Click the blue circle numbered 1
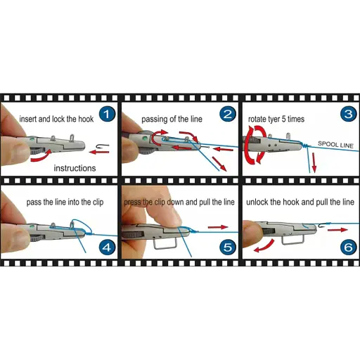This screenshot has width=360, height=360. [x=107, y=114]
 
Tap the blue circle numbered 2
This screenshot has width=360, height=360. [x=228, y=114]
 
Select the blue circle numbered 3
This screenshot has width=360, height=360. [x=349, y=114]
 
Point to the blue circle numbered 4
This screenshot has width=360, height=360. [x=107, y=247]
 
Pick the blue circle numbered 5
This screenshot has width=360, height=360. [x=228, y=247]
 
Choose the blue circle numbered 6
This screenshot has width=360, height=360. [x=349, y=247]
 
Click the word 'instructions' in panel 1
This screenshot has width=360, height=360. [x=75, y=168]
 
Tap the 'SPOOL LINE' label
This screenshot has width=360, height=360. [x=335, y=145]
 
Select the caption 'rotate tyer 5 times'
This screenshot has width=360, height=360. [x=276, y=119]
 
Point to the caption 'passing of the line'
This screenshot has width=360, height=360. [x=172, y=119]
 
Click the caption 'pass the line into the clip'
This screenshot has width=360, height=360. [x=65, y=202]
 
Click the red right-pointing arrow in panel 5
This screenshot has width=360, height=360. [x=218, y=227]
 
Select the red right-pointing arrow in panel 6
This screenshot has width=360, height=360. [x=337, y=230]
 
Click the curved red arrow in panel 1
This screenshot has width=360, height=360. [x=41, y=156]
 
